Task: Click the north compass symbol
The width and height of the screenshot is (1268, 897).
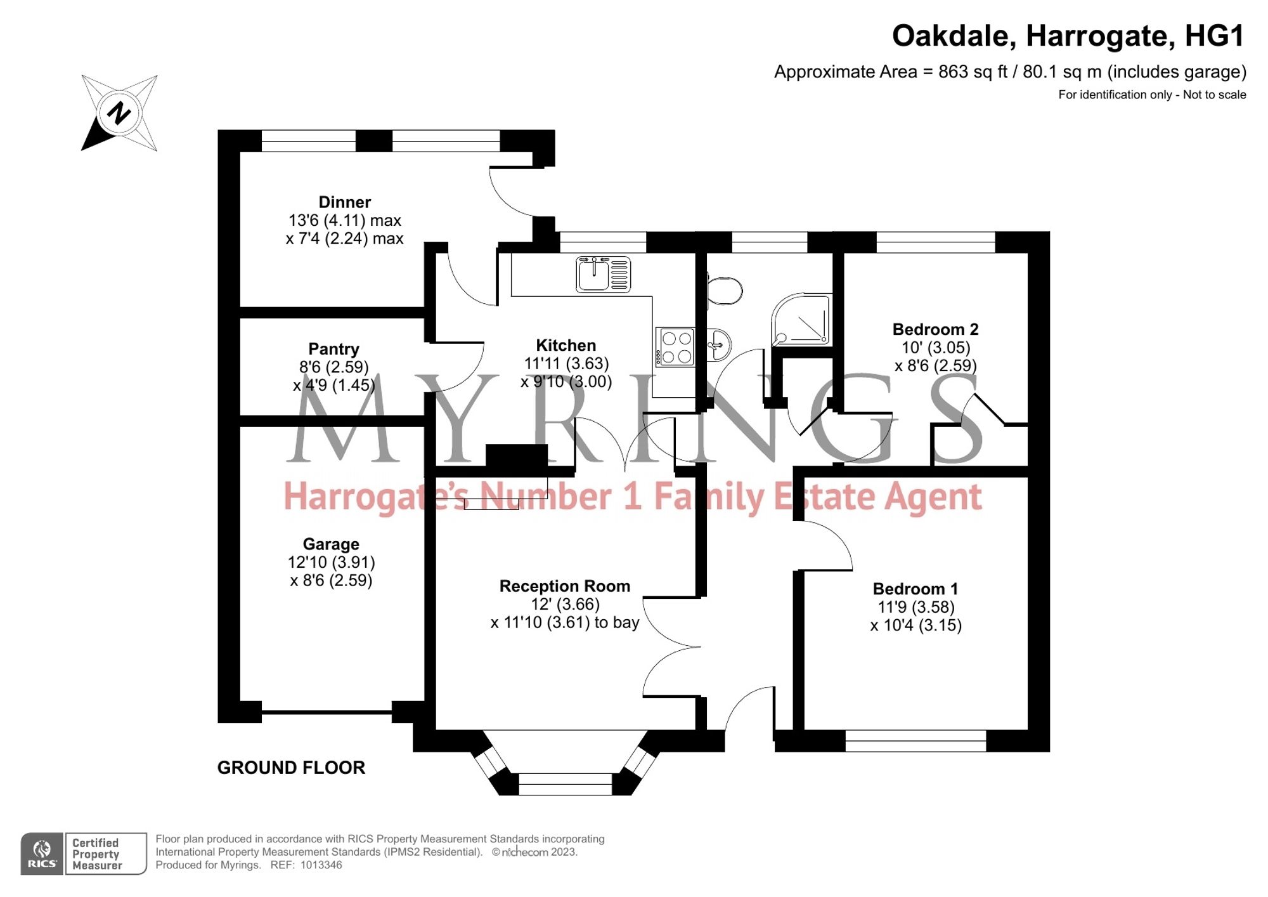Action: tap(119, 113)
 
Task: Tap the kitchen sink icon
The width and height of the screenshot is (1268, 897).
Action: tap(603, 274)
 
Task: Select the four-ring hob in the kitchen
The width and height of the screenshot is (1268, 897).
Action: tap(676, 347)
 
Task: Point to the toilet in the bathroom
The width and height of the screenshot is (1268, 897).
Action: tap(724, 291)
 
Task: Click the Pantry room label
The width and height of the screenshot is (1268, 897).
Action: tap(333, 349)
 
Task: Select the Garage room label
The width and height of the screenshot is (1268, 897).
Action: tap(331, 544)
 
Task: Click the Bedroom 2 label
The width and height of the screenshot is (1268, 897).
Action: tap(935, 329)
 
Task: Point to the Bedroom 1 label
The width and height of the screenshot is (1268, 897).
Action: tap(915, 589)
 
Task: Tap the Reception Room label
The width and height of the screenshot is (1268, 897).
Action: tap(564, 586)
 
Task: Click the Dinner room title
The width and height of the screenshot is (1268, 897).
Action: tap(344, 202)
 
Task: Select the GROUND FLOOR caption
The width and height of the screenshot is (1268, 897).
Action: tap(291, 768)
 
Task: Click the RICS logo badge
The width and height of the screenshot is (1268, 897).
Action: tap(42, 854)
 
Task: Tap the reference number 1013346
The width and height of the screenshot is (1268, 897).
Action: tap(321, 865)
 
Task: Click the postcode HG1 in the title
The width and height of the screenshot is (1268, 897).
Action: tap(1214, 36)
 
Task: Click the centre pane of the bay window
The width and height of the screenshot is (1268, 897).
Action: tap(565, 784)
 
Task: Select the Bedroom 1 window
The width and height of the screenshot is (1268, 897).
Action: tap(915, 740)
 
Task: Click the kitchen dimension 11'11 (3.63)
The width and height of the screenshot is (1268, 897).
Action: tap(566, 363)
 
